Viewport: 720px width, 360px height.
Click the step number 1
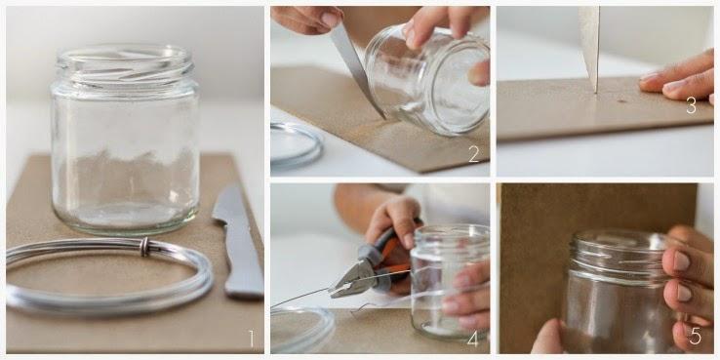point(251,339)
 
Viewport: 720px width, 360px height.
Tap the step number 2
point(474,154)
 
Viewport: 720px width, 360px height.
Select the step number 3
point(691,105)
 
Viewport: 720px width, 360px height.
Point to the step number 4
point(473,339)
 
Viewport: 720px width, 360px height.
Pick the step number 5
point(696,337)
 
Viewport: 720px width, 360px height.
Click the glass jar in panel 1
point(125,140)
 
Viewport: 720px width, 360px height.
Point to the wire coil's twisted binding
point(144,247)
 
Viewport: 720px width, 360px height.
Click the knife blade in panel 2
point(357,69)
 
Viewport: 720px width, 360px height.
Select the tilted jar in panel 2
point(428,81)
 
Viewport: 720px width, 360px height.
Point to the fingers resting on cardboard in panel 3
point(679,78)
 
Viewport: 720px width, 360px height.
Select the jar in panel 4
point(450,281)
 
